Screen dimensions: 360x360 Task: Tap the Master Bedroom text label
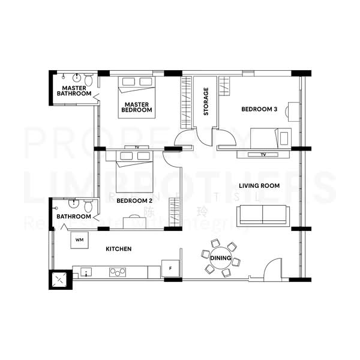[x=137, y=107]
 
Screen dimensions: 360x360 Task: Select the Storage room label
[x=206, y=102]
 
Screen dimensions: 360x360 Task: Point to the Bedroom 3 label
[x=259, y=109]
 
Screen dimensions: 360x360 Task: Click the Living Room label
[x=259, y=186]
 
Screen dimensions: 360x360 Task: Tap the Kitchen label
[x=119, y=248]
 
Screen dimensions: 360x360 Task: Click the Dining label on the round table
[x=221, y=258]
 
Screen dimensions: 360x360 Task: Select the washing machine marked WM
[x=79, y=240]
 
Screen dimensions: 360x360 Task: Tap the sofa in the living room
[x=263, y=215]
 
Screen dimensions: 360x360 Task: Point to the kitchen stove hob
[x=118, y=272]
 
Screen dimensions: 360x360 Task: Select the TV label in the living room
[x=263, y=155]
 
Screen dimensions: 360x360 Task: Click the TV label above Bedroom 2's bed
[x=137, y=147]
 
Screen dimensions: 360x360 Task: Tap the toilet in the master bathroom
[x=88, y=80]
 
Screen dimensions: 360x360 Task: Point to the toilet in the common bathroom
[x=88, y=206]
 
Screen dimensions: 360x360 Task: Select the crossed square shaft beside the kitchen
[x=60, y=279]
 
